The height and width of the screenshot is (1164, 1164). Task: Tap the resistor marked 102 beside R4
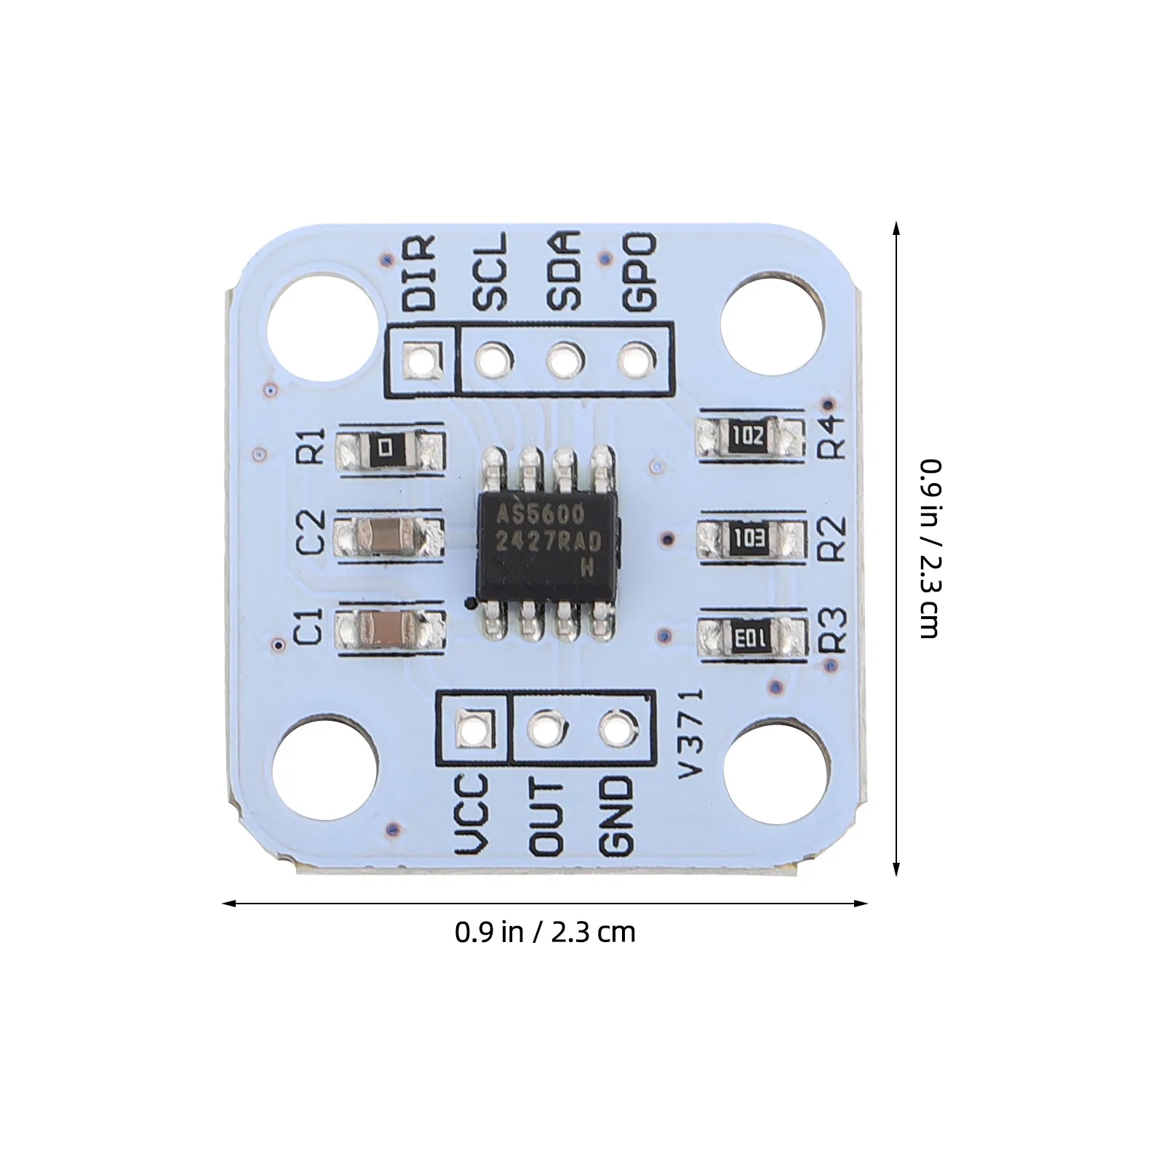click(751, 437)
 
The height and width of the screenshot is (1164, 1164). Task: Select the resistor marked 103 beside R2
click(752, 538)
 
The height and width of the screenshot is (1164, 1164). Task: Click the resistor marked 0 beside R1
click(390, 448)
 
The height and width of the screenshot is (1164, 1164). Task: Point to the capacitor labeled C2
click(389, 538)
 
